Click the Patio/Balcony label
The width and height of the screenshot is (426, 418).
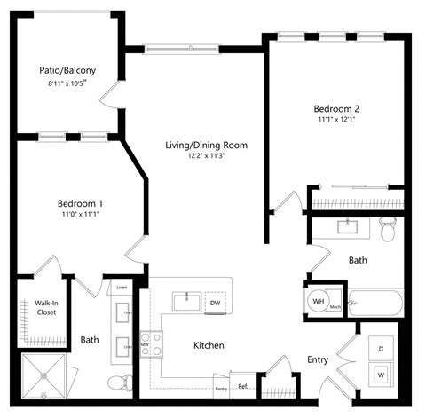pyautogui.click(x=67, y=69)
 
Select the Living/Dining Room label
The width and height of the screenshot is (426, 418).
pyautogui.click(x=205, y=145)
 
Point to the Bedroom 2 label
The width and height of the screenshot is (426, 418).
pyautogui.click(x=336, y=109)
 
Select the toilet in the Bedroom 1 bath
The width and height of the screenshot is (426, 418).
pyautogui.click(x=116, y=382)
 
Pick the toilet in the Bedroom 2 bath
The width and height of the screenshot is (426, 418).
pyautogui.click(x=387, y=230)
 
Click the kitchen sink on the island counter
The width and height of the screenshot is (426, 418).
pyautogui.click(x=185, y=301)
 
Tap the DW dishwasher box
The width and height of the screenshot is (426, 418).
pyautogui.click(x=215, y=303)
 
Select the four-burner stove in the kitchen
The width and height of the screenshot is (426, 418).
pyautogui.click(x=151, y=343)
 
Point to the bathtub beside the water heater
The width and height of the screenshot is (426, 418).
pyautogui.click(x=376, y=303)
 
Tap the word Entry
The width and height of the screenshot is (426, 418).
pyautogui.click(x=317, y=359)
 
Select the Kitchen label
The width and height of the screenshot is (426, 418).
pyautogui.click(x=208, y=345)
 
